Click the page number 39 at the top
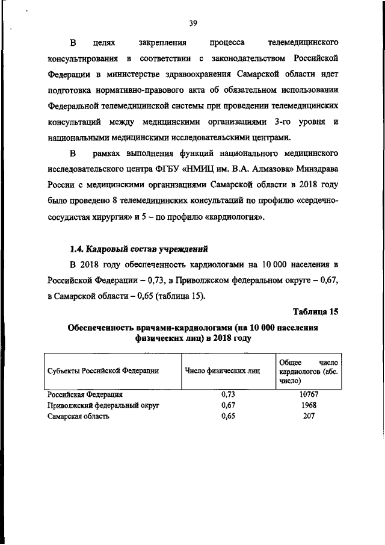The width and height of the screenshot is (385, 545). (x=192, y=23)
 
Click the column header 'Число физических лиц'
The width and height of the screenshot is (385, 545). (x=223, y=371)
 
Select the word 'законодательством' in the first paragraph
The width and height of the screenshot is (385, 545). (x=248, y=59)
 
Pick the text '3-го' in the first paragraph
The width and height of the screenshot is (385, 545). (x=281, y=122)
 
